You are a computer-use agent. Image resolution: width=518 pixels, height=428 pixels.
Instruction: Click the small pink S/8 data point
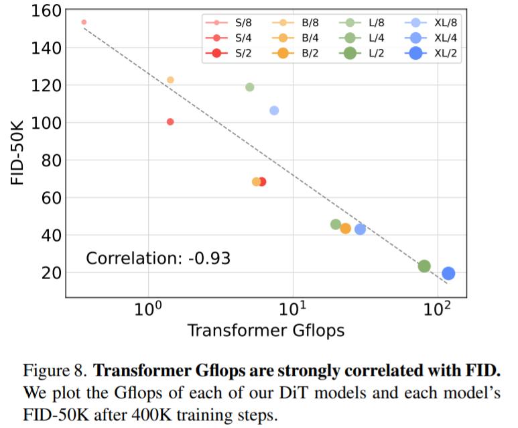coord(84,22)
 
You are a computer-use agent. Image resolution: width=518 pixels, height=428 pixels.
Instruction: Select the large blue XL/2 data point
coord(448,273)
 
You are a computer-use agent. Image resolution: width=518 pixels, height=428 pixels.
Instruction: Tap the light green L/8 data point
coord(250,87)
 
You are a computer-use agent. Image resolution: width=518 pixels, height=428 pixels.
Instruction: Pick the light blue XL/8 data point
coord(274,110)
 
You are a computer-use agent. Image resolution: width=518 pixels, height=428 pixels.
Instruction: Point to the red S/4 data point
coord(170,121)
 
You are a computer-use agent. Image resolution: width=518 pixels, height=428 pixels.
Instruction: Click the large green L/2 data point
coord(424,266)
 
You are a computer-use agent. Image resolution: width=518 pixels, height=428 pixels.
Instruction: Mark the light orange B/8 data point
coord(170,80)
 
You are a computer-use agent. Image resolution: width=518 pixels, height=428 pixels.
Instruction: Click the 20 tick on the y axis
coord(52,273)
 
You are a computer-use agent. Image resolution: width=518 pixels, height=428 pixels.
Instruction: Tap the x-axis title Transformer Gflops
coord(265,331)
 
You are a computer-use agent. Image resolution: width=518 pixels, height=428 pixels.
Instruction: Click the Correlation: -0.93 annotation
coord(158,258)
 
